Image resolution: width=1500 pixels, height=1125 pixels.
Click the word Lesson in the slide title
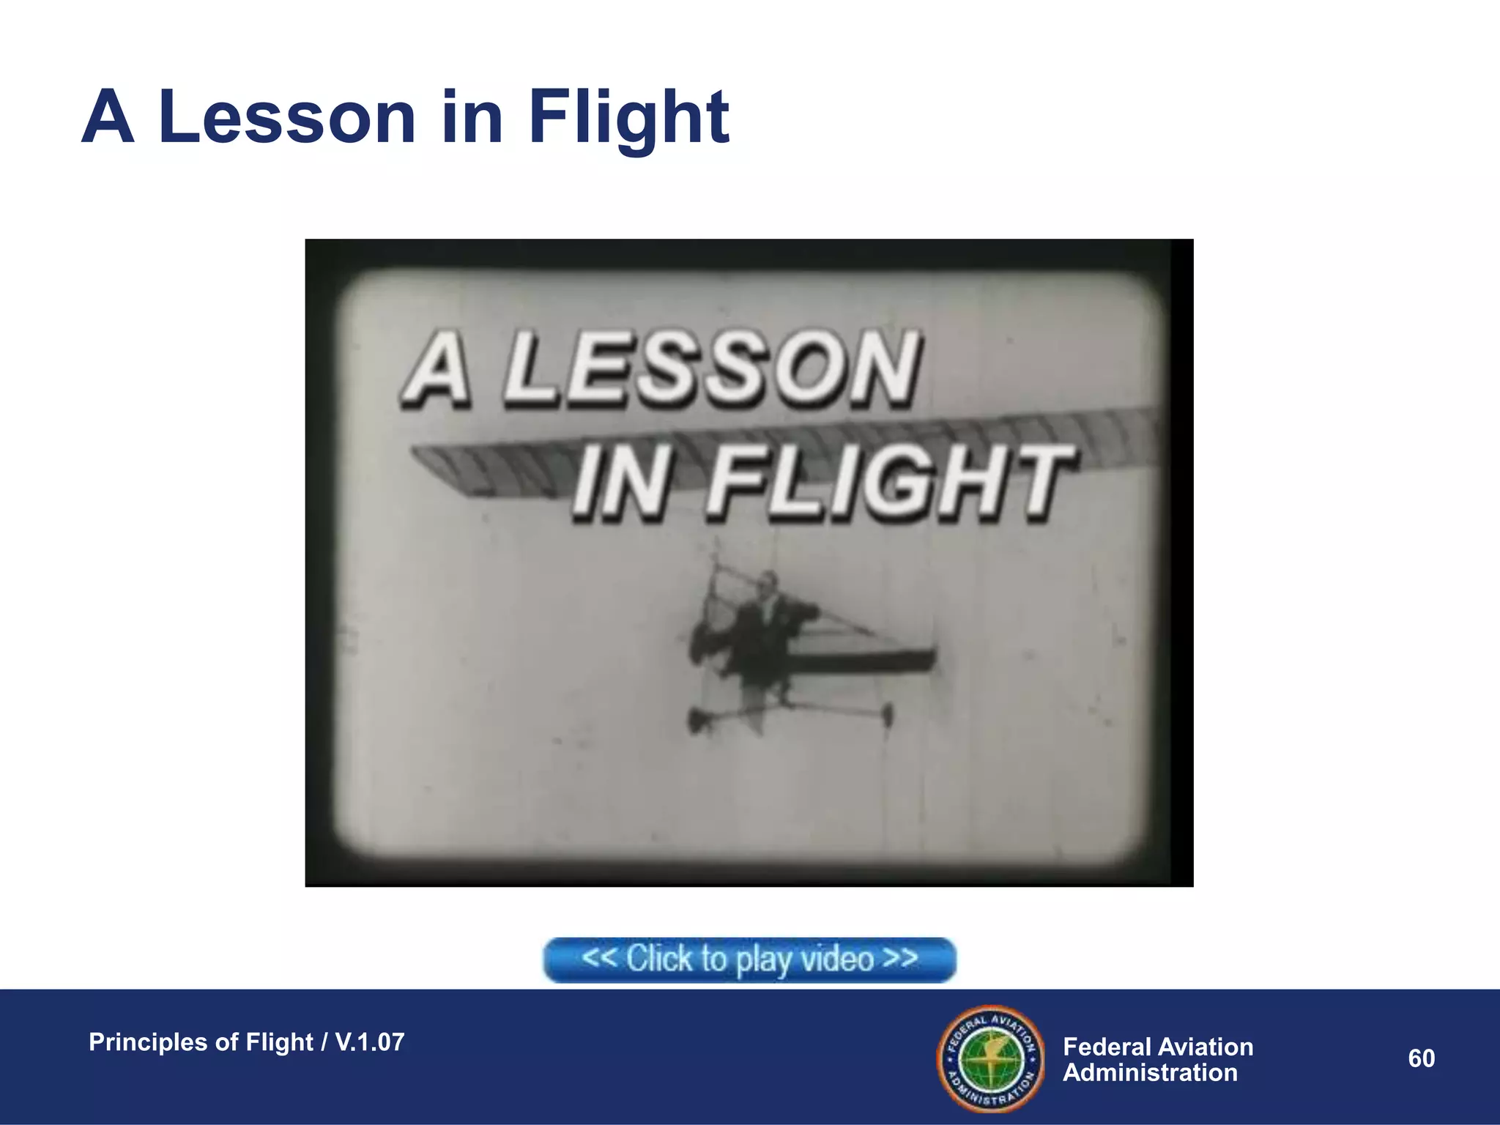[x=287, y=117]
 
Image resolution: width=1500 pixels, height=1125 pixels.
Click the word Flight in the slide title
[x=628, y=117]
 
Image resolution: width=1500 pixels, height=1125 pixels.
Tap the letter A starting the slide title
[x=108, y=117]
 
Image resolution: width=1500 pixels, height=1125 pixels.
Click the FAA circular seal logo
[x=991, y=1058]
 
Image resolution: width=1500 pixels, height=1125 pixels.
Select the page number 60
[x=1421, y=1058]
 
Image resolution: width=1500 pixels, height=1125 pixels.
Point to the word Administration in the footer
[x=1150, y=1073]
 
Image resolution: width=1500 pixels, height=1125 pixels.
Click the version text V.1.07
[x=369, y=1042]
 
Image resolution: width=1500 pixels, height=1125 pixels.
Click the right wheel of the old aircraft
[x=888, y=713]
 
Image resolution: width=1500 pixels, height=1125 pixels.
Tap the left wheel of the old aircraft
[x=696, y=721]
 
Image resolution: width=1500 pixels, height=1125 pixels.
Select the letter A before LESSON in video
[x=438, y=370]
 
